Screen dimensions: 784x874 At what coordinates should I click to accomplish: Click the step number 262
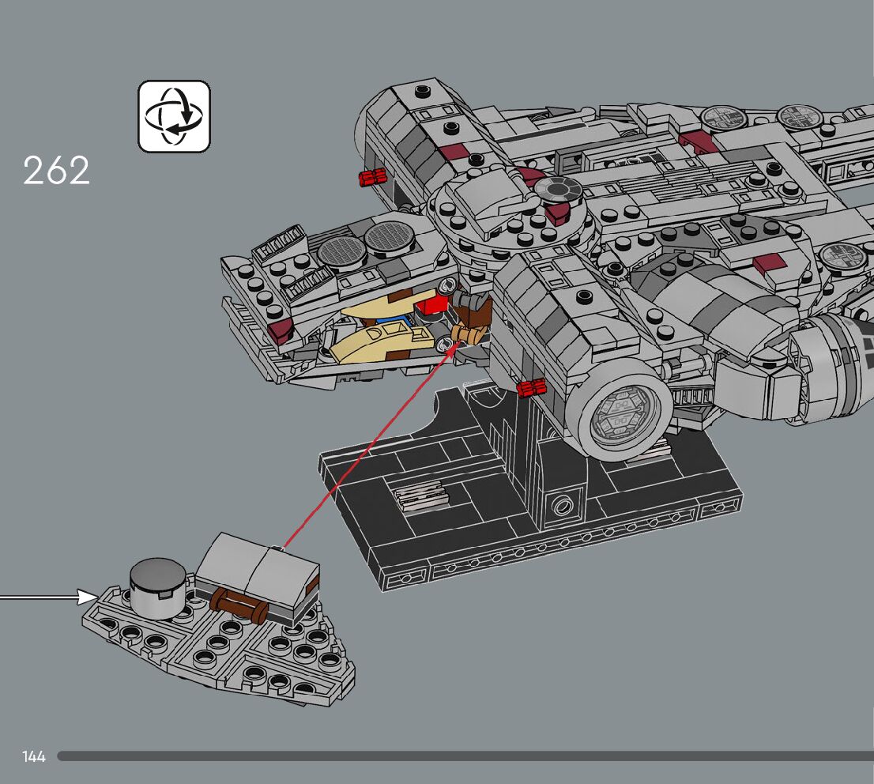56,171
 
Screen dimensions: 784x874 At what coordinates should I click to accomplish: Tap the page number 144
34,757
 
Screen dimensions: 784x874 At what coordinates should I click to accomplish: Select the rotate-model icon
175,116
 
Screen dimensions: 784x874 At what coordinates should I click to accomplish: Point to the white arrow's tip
96,596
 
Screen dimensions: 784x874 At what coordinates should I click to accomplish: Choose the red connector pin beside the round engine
532,386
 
